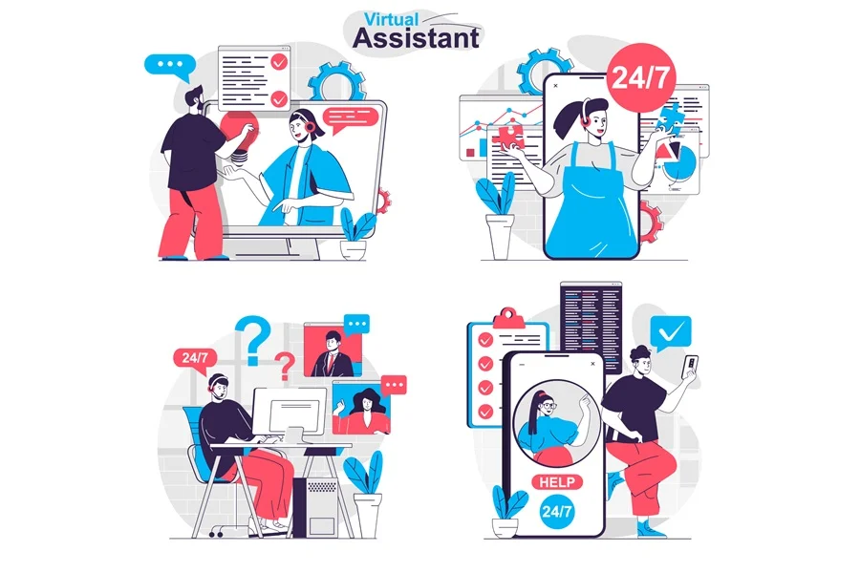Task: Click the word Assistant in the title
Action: tap(417, 38)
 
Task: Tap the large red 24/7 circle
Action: tap(641, 77)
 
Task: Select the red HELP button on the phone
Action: tap(557, 482)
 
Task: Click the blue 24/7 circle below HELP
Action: tap(557, 512)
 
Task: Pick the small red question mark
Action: tap(284, 367)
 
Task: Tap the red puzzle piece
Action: tap(508, 138)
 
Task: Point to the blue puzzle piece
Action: tap(670, 117)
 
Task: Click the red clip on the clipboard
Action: tap(508, 318)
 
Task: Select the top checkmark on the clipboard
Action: tap(485, 340)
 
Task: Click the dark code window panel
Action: tap(591, 324)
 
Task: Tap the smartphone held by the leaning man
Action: tap(689, 367)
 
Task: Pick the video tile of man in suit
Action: tap(333, 350)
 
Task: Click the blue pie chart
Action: tap(679, 162)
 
